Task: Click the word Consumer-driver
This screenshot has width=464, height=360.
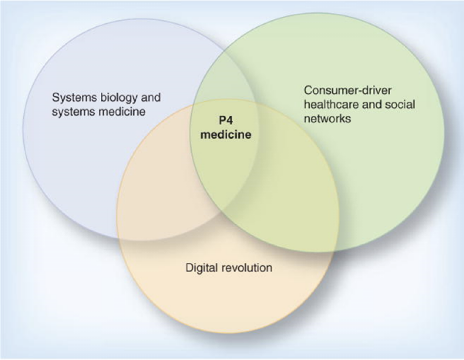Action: (348, 90)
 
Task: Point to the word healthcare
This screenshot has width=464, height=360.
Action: (328, 104)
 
